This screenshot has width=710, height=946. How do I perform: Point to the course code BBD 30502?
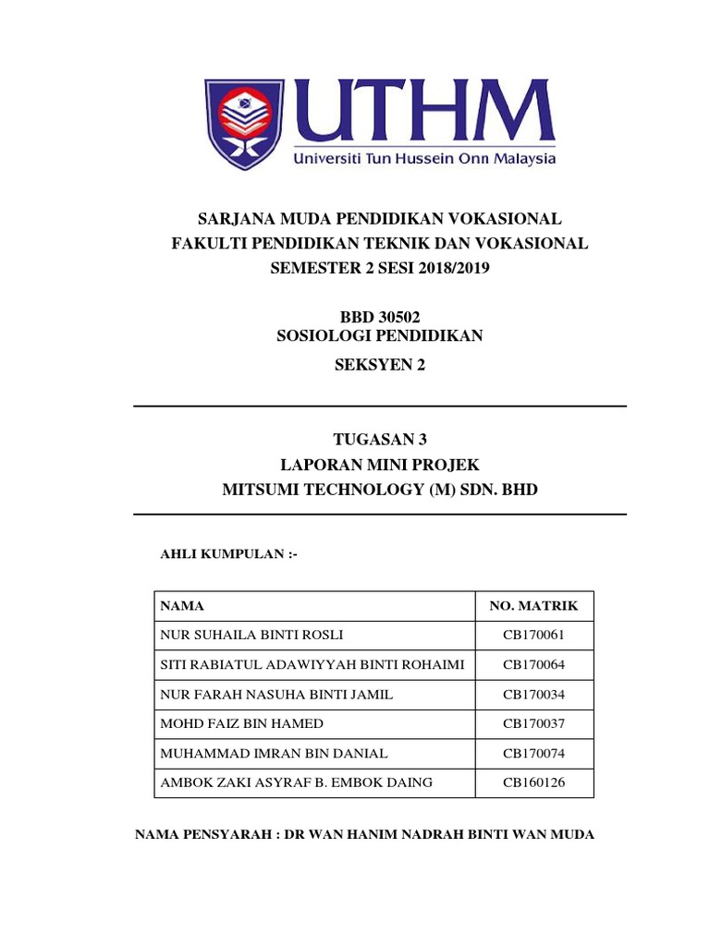[380, 317]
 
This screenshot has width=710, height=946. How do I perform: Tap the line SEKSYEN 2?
[380, 365]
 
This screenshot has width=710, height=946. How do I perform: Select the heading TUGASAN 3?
[380, 440]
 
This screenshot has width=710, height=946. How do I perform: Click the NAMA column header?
[182, 606]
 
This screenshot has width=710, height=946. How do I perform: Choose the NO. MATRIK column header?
[533, 606]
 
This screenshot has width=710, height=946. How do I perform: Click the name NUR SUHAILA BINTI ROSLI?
[245, 636]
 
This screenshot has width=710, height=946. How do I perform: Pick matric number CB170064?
[533, 665]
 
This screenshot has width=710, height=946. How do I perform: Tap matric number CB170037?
[533, 723]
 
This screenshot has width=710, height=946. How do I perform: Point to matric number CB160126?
[533, 782]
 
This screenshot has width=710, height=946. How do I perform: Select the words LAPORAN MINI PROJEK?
[380, 465]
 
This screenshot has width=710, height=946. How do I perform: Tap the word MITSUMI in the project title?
[261, 490]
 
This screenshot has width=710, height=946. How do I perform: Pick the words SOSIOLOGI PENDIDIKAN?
[380, 336]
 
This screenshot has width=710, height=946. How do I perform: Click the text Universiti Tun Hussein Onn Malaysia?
[424, 158]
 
